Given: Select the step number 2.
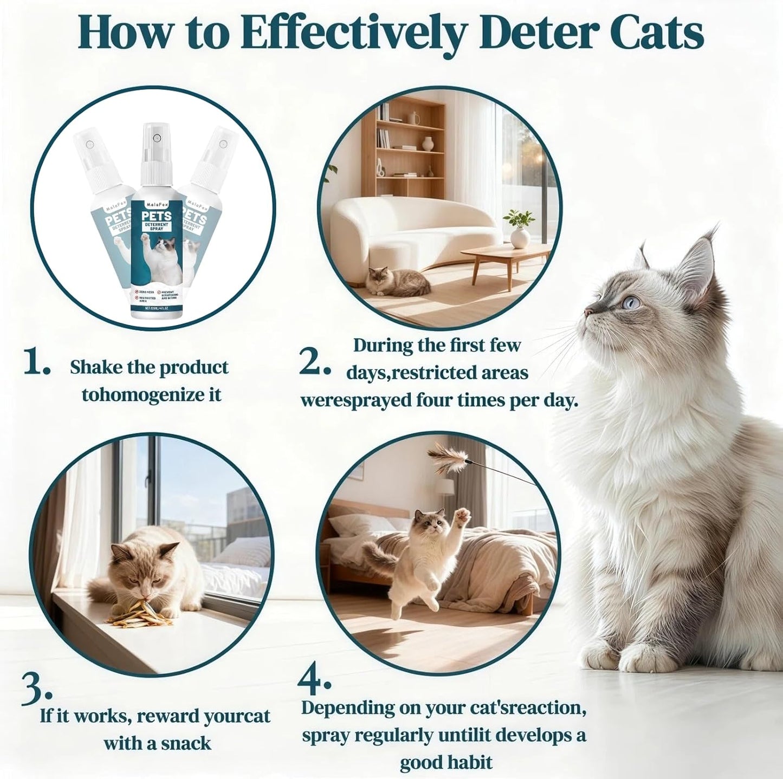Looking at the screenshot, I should (x=314, y=362).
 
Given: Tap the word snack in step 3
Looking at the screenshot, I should (x=184, y=743).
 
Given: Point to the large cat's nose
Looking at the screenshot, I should (x=589, y=310).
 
